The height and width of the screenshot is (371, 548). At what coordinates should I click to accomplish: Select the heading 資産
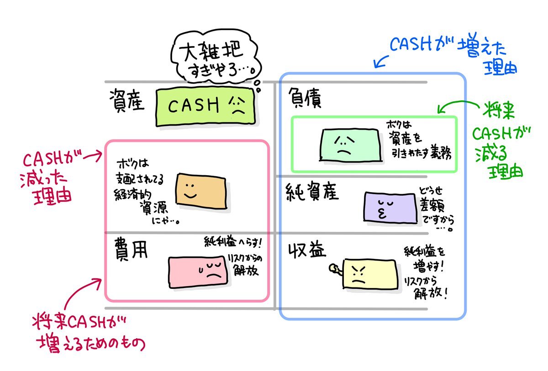click(x=127, y=101)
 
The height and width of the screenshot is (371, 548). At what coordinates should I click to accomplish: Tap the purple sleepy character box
click(x=391, y=207)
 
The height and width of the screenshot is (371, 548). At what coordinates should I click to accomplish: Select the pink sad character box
click(x=197, y=272)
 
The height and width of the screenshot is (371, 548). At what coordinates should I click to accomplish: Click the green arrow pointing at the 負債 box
click(x=454, y=107)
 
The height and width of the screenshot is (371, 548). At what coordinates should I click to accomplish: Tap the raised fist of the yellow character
click(x=335, y=270)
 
